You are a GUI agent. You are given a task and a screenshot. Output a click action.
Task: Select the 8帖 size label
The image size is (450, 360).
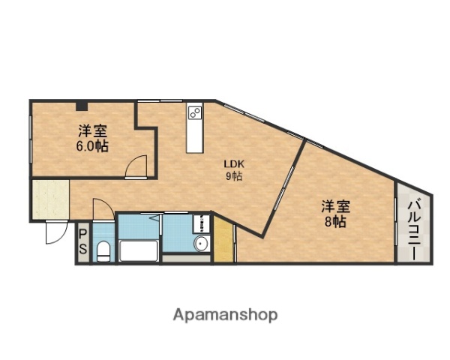click(335, 222)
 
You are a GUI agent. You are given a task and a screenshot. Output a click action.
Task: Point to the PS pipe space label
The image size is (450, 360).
click(82, 241)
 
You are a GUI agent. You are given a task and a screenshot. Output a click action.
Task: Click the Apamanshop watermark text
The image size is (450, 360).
click(225, 314)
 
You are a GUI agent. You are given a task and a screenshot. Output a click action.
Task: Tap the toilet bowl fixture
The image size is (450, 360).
click(103, 251)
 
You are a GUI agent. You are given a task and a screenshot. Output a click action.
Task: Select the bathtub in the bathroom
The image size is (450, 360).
click(138, 251)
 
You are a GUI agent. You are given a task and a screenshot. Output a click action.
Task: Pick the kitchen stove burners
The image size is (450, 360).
click(194, 114)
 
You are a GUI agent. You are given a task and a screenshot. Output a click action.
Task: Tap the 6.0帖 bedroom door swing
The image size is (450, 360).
click(136, 166)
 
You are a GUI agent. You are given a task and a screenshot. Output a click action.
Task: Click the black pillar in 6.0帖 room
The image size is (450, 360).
click(81, 105)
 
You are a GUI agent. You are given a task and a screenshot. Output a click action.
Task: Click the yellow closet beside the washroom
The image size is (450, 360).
click(223, 240)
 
